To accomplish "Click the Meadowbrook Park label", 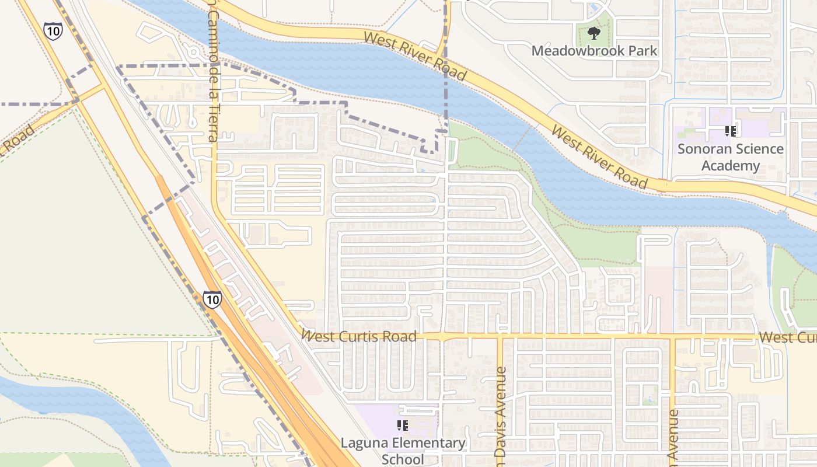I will [x=594, y=51].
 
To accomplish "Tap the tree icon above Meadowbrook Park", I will [x=594, y=33].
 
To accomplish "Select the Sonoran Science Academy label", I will [x=730, y=157].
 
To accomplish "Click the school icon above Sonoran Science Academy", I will [x=729, y=131].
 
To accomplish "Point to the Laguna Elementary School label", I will [x=403, y=451].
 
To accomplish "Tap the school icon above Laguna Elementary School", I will [x=402, y=425].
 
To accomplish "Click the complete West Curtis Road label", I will [x=359, y=336].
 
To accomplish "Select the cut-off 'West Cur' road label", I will [x=787, y=337].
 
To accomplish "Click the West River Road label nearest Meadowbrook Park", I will [x=415, y=56].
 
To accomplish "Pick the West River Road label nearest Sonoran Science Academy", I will [x=600, y=157].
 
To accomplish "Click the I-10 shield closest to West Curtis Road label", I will [x=212, y=299].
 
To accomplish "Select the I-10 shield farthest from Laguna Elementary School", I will [x=53, y=30].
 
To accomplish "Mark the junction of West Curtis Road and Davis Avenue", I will [x=500, y=337].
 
